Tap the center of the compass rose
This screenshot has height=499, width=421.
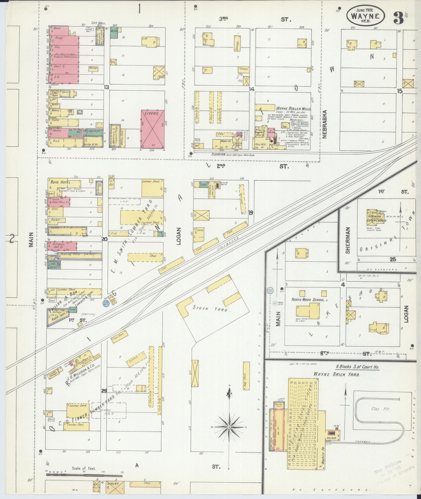click(x=229, y=427)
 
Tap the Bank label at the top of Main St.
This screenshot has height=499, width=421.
click(x=57, y=27)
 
